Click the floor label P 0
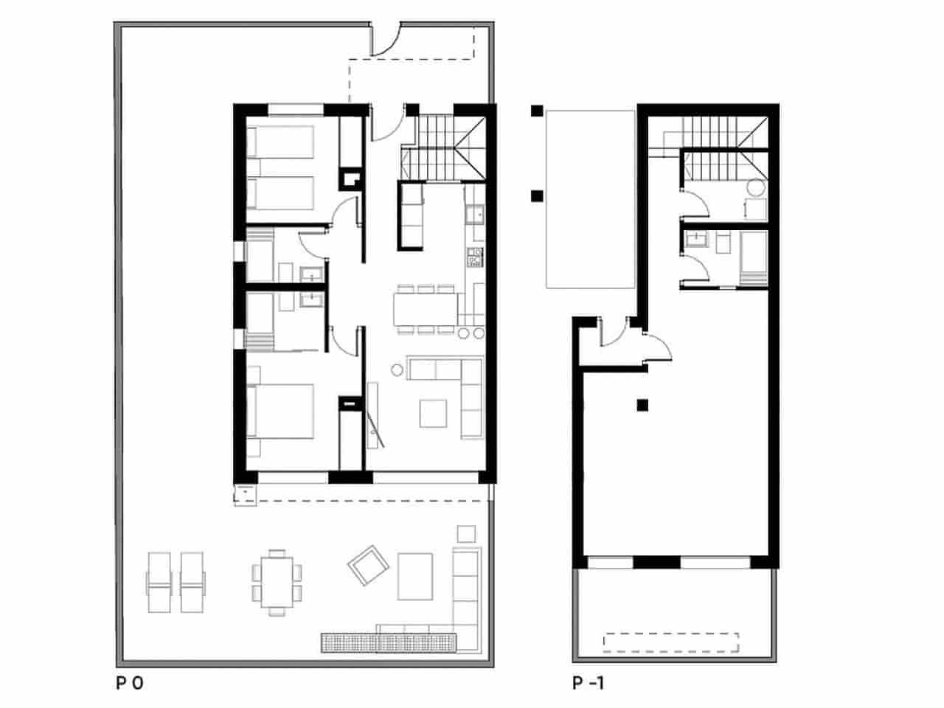click(x=128, y=684)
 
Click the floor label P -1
click(x=588, y=684)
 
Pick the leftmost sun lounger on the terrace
click(x=160, y=581)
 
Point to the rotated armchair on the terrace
click(x=368, y=565)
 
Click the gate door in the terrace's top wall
click(x=384, y=40)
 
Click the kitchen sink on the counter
click(x=475, y=214)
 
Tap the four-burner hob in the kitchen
click(x=475, y=257)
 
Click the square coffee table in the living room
click(x=433, y=413)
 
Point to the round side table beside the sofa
click(x=398, y=369)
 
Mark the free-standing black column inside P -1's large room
click(x=643, y=404)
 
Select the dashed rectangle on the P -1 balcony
click(x=670, y=642)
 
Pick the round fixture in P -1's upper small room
click(x=755, y=187)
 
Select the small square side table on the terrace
click(x=466, y=532)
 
